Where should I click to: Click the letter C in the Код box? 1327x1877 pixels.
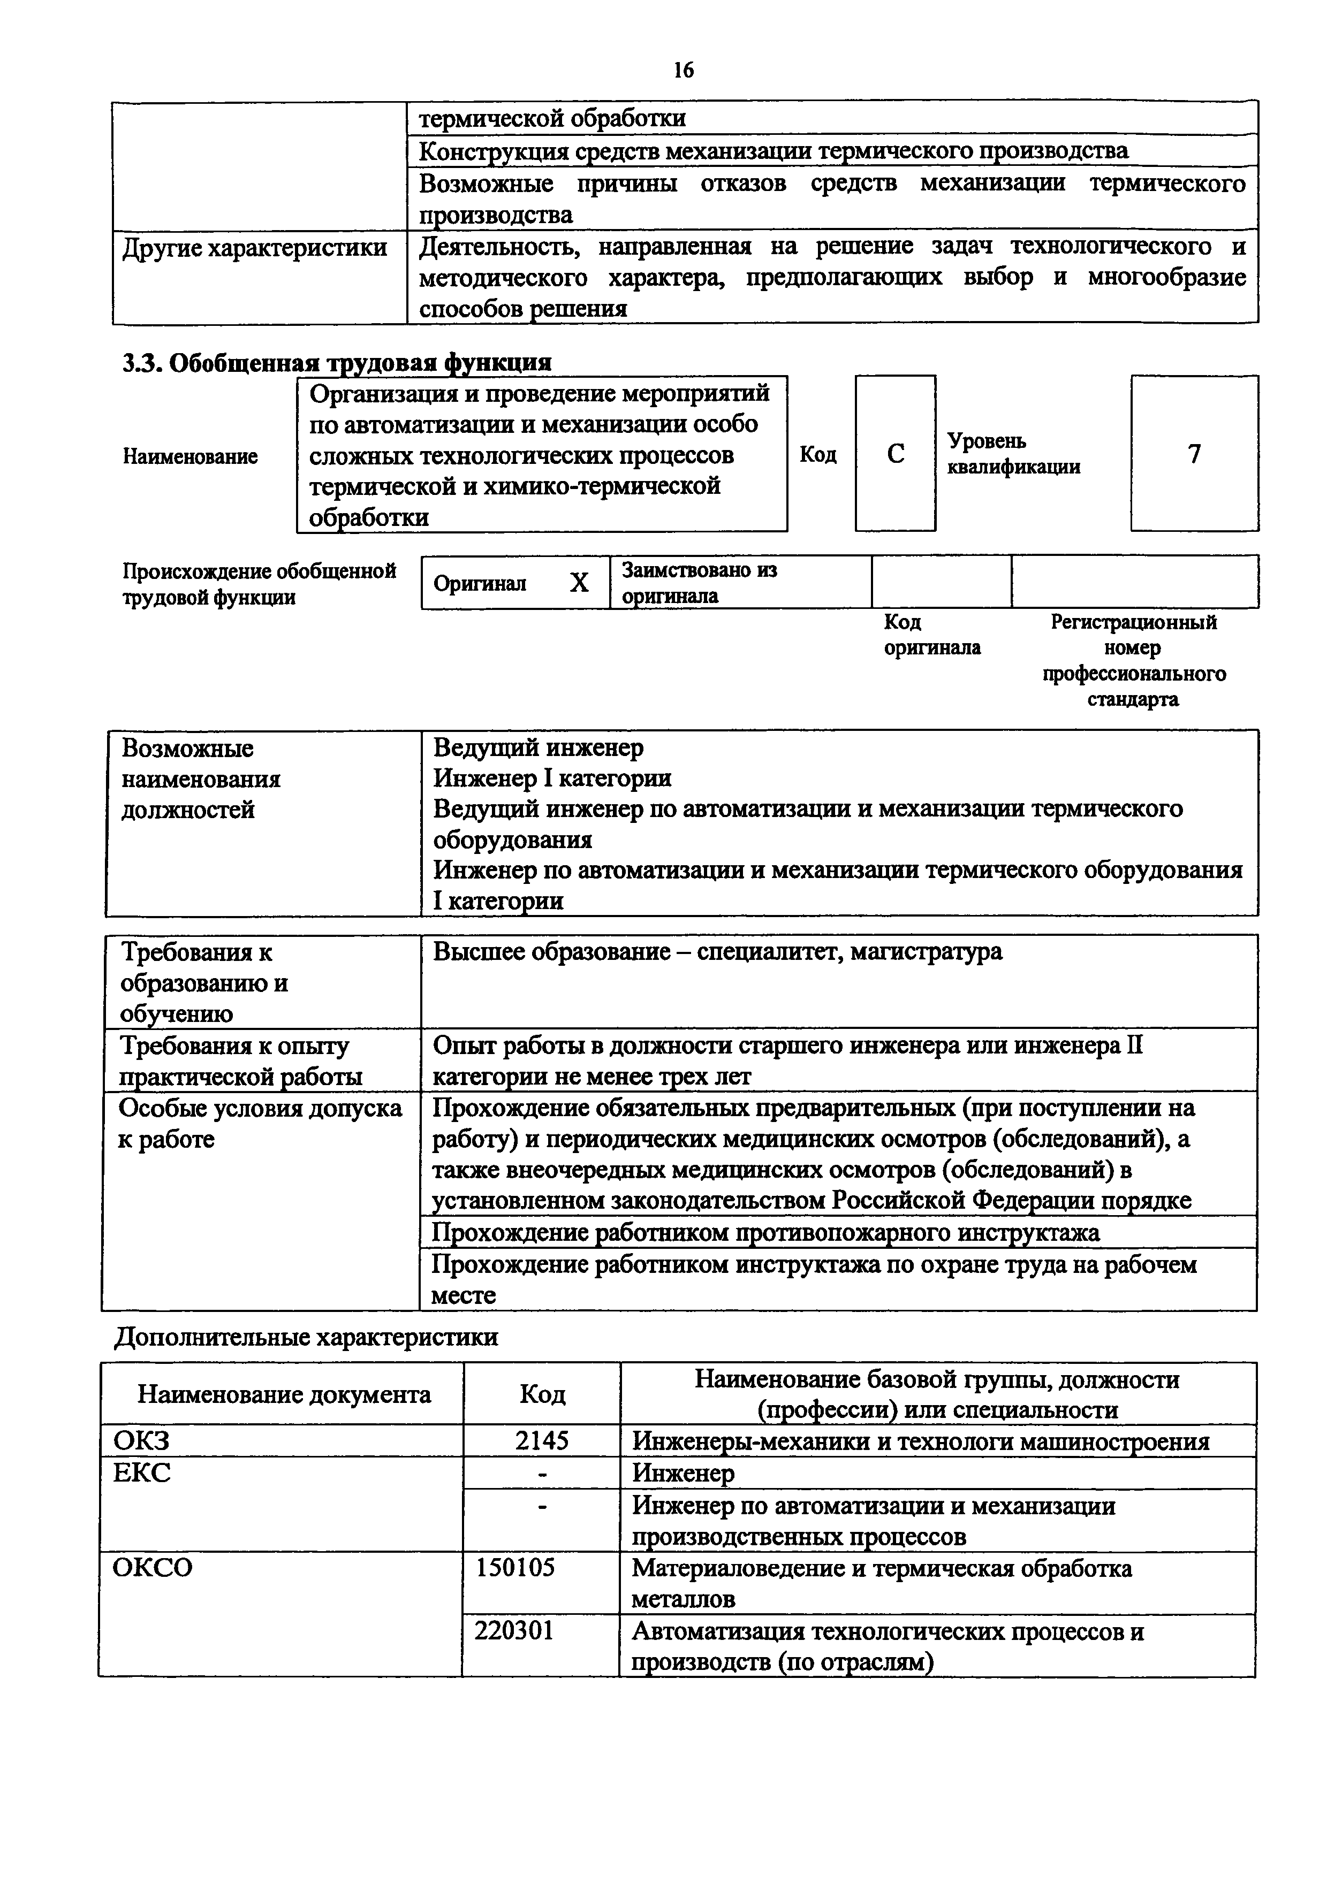(896, 454)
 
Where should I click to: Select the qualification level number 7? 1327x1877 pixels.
(1195, 454)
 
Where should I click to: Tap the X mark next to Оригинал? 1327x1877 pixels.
(579, 583)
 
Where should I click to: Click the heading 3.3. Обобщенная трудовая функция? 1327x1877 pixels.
(337, 362)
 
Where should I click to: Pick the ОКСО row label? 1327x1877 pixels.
(153, 1567)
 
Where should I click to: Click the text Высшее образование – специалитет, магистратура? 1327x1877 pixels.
(717, 951)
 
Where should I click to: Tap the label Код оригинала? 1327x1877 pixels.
(932, 635)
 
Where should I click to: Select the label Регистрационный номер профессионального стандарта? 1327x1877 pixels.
(1133, 661)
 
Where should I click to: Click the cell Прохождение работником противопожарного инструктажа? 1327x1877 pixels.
(765, 1232)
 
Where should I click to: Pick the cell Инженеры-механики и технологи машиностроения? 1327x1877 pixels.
(921, 1440)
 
